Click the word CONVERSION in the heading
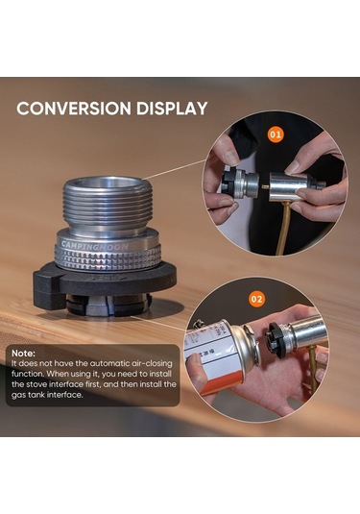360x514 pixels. [74, 109]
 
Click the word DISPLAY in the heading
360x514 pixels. [172, 109]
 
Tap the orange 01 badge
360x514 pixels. [276, 135]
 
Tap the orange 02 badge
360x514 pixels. [257, 300]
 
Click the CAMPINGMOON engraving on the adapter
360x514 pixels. [95, 246]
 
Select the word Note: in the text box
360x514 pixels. [23, 354]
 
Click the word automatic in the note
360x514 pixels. [109, 363]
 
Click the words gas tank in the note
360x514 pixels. [28, 395]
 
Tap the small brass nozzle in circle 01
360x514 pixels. [264, 186]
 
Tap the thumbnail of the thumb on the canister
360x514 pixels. [194, 360]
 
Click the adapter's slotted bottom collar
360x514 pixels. [108, 305]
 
